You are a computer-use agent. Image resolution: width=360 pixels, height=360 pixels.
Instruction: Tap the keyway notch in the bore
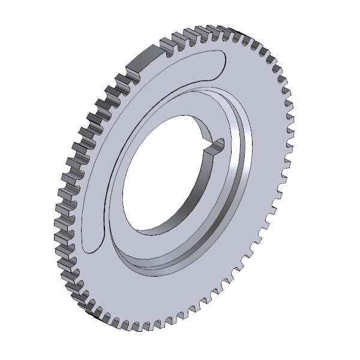point(216,145)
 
